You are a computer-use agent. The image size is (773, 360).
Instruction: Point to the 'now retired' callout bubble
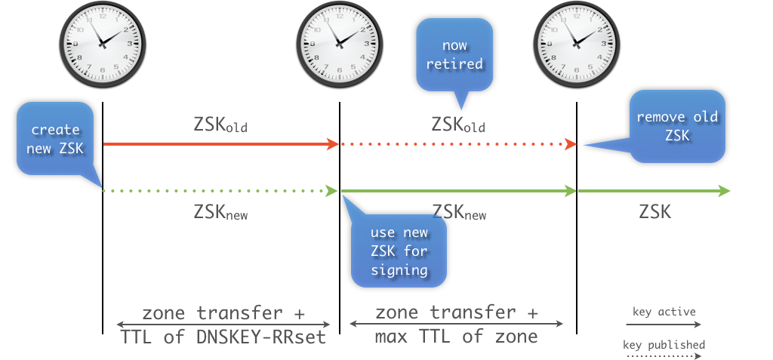pyautogui.click(x=454, y=55)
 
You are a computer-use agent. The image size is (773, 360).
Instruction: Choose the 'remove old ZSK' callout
pyautogui.click(x=677, y=126)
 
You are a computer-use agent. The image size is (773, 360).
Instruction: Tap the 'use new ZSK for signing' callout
pyautogui.click(x=399, y=251)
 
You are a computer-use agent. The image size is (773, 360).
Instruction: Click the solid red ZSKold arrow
pyautogui.click(x=219, y=143)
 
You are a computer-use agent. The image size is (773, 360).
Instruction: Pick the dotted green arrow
pyautogui.click(x=219, y=191)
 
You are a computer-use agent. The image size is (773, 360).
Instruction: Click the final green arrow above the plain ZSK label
pyautogui.click(x=654, y=191)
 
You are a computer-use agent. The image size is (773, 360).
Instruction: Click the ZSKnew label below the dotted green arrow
pyautogui.click(x=221, y=214)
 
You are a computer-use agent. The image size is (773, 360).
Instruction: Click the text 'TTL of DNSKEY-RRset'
pyautogui.click(x=223, y=337)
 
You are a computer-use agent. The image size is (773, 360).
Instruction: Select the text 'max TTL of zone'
pyautogui.click(x=457, y=337)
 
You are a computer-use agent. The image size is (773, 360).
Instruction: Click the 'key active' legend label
pyautogui.click(x=664, y=311)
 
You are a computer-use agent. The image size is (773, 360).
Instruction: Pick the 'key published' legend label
pyautogui.click(x=664, y=345)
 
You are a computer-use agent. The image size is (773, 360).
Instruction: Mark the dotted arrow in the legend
pyautogui.click(x=664, y=356)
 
